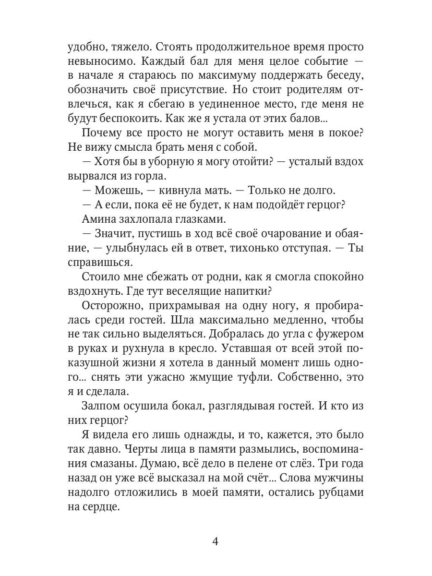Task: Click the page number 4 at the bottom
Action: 216,542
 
